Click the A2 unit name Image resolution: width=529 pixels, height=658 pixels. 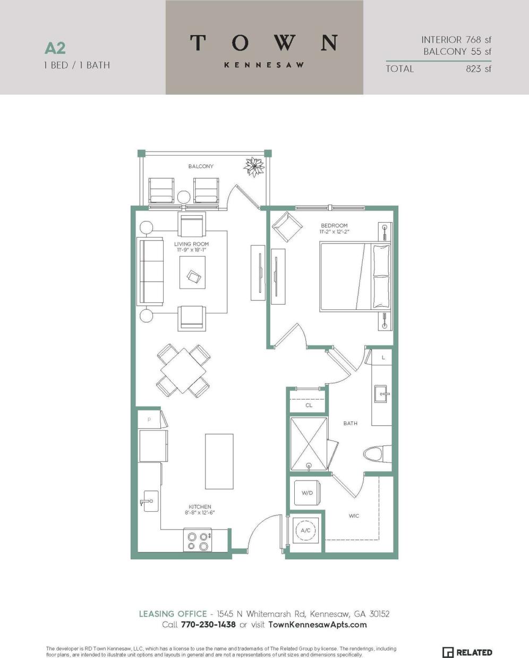55,48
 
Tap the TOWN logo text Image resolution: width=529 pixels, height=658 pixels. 264,43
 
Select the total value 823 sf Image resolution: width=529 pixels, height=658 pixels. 478,69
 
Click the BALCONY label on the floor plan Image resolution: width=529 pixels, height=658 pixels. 201,166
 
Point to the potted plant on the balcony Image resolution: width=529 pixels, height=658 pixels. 254,167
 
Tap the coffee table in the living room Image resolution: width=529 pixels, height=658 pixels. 192,273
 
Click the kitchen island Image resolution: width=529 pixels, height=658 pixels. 219,461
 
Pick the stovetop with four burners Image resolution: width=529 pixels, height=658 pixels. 197,541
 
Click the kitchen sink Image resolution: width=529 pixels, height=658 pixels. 150,501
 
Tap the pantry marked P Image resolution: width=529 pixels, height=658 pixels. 149,419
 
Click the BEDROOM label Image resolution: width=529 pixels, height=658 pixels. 334,226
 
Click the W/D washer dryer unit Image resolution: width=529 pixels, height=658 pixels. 307,493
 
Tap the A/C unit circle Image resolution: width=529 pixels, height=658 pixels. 305,530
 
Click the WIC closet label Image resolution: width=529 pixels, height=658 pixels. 354,516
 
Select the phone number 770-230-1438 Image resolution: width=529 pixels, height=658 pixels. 208,625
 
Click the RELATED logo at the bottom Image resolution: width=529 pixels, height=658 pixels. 467,652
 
